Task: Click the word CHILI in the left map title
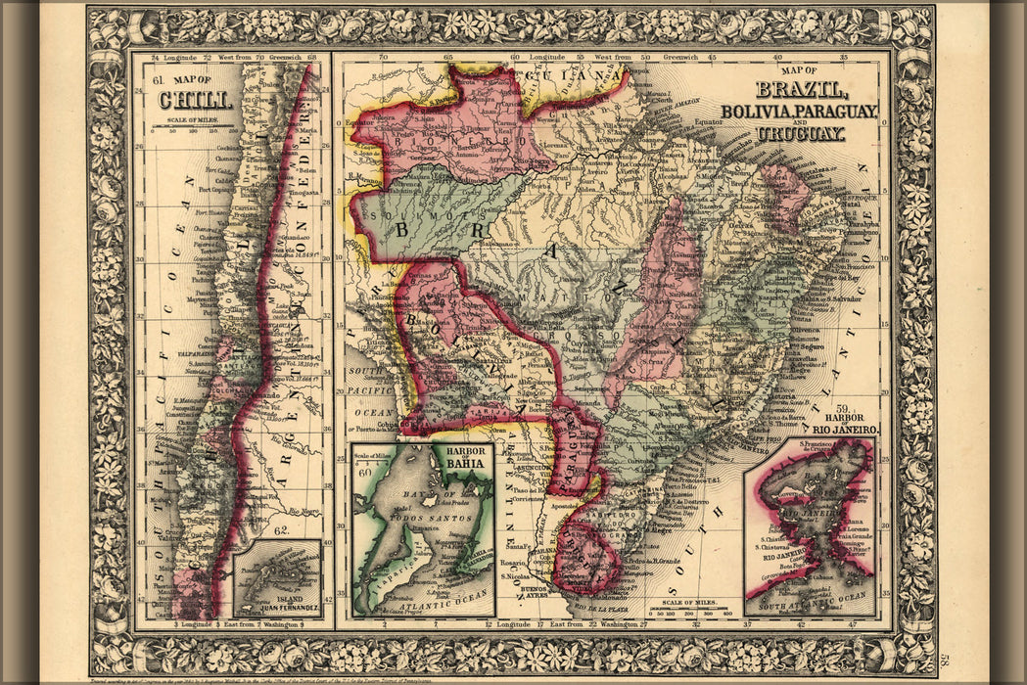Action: pos(196,100)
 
